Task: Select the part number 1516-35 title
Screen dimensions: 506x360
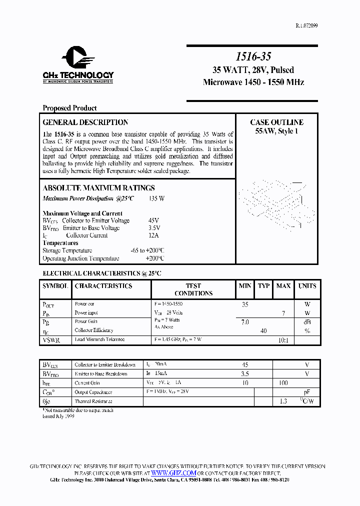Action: pyautogui.click(x=253, y=57)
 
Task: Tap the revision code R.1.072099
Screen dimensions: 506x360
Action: pyautogui.click(x=303, y=25)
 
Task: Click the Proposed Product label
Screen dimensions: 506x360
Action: pyautogui.click(x=69, y=108)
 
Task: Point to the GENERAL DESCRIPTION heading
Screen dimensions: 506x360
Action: pyautogui.click(x=85, y=122)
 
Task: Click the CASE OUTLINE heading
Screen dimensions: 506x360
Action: pyautogui.click(x=276, y=122)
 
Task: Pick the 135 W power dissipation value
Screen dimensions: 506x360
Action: pyautogui.click(x=156, y=198)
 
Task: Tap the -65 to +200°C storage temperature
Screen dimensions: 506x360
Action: pyautogui.click(x=147, y=250)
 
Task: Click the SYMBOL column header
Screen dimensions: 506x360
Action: pyautogui.click(x=55, y=286)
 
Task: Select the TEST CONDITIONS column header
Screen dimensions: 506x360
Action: pyautogui.click(x=193, y=289)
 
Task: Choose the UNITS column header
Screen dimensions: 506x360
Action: pyautogui.click(x=307, y=286)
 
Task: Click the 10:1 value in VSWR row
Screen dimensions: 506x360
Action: pyautogui.click(x=283, y=340)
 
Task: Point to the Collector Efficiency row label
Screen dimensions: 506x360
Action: pyautogui.click(x=94, y=330)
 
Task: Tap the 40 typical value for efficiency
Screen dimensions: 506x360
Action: pyautogui.click(x=263, y=331)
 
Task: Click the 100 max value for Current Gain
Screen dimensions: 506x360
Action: pyautogui.click(x=283, y=383)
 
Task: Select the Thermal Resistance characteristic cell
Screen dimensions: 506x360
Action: pyautogui.click(x=93, y=401)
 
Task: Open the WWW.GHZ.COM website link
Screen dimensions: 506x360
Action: pyautogui.click(x=173, y=473)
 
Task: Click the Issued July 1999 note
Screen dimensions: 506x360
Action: pyautogui.click(x=58, y=416)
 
